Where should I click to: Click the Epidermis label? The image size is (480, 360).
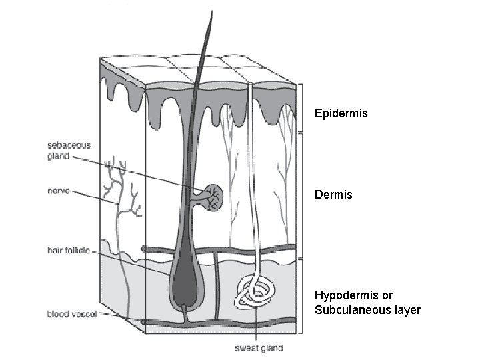341,114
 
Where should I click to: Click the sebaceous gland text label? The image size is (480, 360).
69,151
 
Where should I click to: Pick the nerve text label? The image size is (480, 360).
58,191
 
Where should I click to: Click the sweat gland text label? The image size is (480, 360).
259,348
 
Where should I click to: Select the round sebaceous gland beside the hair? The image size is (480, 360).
213,197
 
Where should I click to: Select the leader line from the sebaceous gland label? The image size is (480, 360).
133,170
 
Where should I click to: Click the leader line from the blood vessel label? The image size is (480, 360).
120,317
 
